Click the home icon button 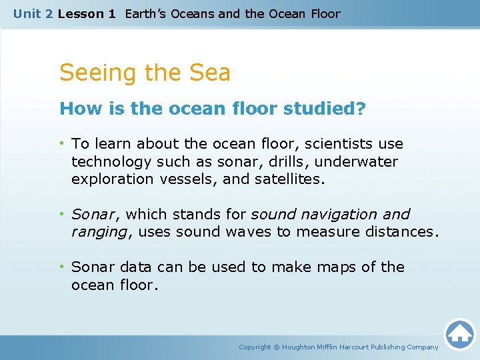point(459,334)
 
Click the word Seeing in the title point(95,73)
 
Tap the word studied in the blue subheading point(327,109)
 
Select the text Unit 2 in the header point(33,14)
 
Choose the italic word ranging point(99,231)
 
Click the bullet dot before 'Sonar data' point(63,267)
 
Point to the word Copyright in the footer point(255,347)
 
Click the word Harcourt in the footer point(354,347)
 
